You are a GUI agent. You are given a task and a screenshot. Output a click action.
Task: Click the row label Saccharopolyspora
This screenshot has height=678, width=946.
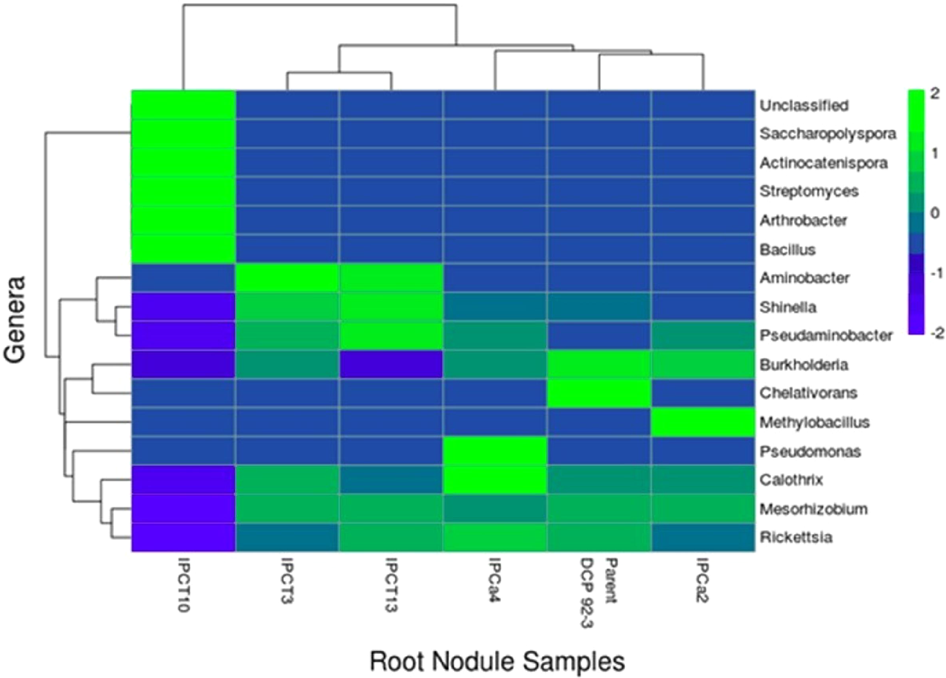pyautogui.click(x=828, y=134)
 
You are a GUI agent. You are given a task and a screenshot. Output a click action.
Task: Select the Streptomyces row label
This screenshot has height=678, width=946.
pyautogui.click(x=809, y=191)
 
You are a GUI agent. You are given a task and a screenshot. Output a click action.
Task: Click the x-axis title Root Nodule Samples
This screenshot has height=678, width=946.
pyautogui.click(x=496, y=661)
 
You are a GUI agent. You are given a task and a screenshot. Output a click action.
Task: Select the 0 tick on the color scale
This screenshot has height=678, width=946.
pyautogui.click(x=933, y=213)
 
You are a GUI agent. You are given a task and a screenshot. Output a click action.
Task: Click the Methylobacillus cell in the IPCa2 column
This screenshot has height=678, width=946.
pyautogui.click(x=703, y=422)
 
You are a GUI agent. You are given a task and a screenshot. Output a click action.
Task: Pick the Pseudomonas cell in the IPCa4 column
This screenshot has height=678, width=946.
pyautogui.click(x=495, y=451)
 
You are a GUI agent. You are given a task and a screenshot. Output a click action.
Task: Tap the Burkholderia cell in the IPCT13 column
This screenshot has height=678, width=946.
pyautogui.click(x=391, y=365)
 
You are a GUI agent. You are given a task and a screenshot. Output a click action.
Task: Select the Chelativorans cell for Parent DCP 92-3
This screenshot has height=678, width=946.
pyautogui.click(x=599, y=393)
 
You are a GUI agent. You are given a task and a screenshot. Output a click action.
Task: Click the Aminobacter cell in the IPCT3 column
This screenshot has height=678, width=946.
pyautogui.click(x=287, y=278)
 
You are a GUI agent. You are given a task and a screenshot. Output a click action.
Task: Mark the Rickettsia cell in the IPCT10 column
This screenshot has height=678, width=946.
pyautogui.click(x=183, y=538)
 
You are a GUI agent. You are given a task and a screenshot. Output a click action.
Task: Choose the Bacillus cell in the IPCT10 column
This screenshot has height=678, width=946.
pyautogui.click(x=183, y=249)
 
